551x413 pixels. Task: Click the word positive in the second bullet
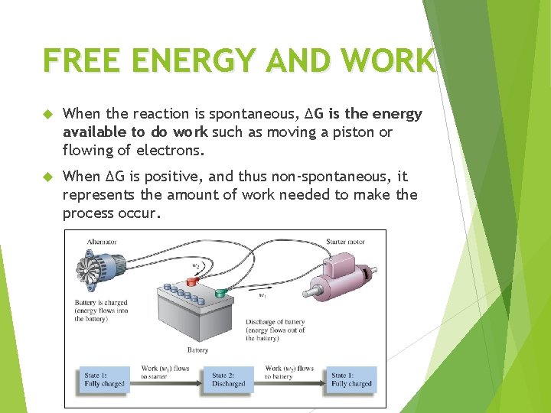pos(177,177)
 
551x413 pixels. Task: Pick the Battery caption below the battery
pos(197,350)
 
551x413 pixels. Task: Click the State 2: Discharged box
pos(229,380)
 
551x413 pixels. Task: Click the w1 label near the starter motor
pos(262,295)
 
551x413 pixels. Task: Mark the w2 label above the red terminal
pos(196,266)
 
